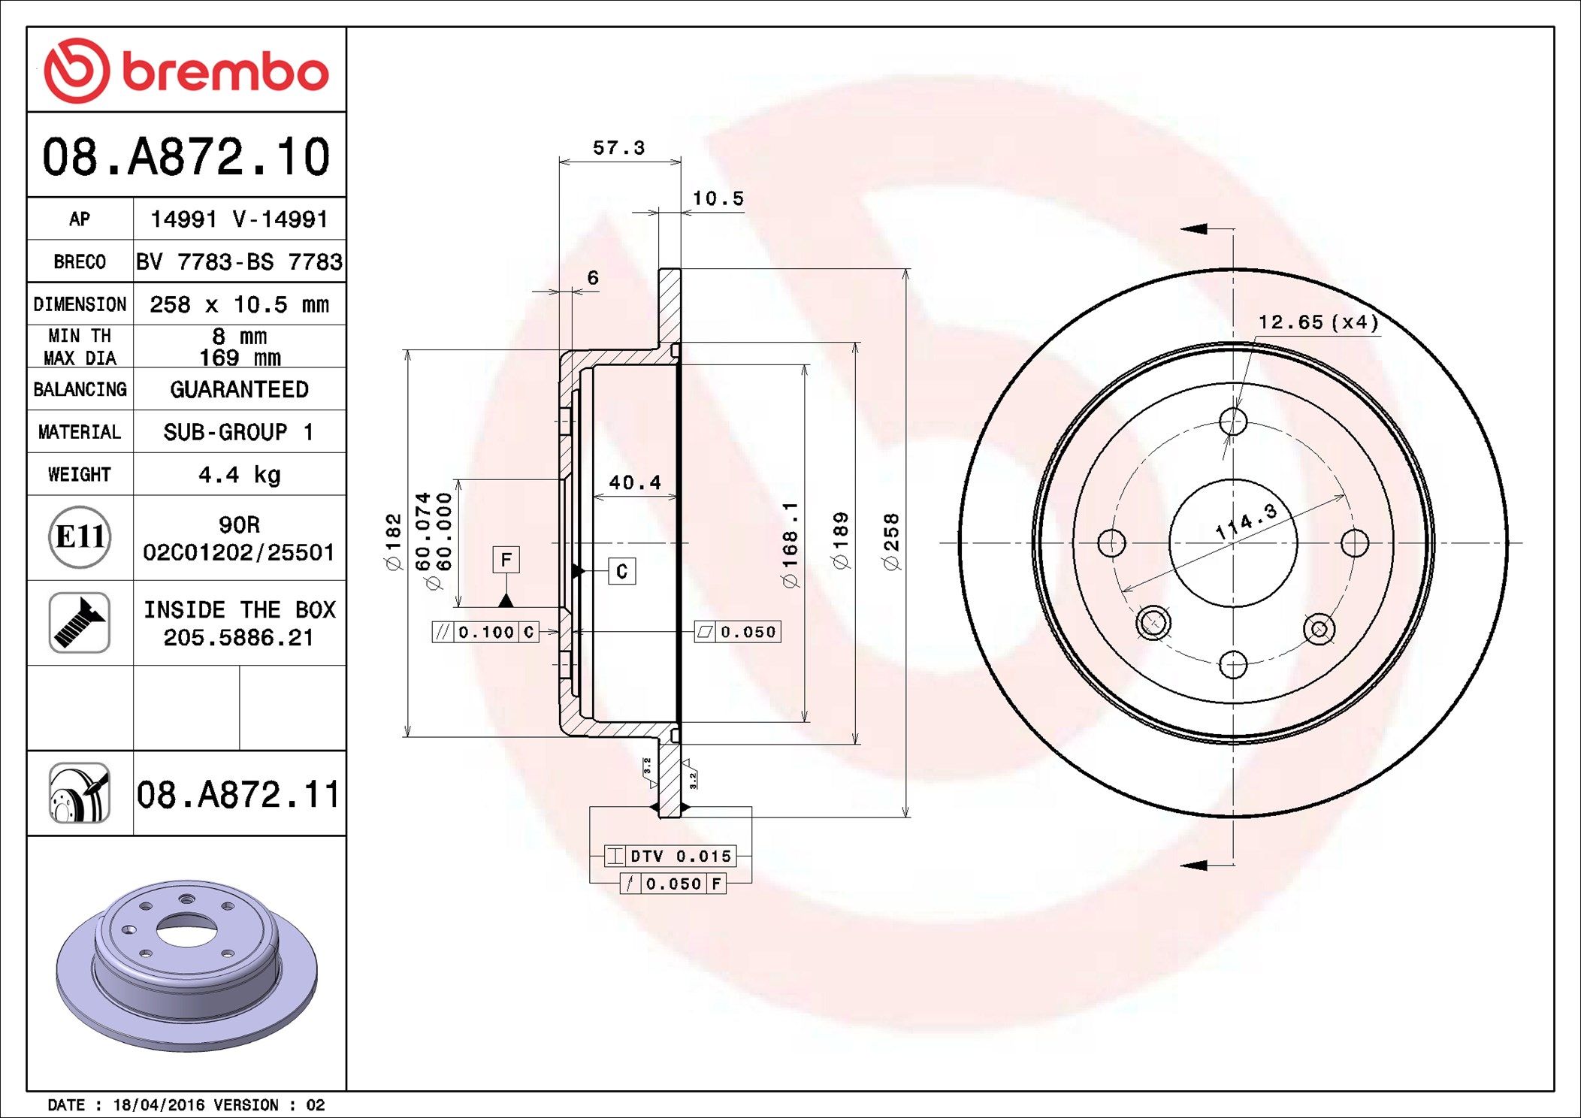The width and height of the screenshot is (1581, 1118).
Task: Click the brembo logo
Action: click(186, 71)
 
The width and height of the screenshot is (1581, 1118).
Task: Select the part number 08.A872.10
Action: click(186, 157)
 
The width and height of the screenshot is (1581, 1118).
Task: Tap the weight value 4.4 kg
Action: click(239, 475)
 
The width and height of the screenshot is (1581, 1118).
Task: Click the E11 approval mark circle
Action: click(80, 536)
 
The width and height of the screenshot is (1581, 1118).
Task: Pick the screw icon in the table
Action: click(80, 622)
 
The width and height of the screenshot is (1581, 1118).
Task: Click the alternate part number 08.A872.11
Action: click(238, 794)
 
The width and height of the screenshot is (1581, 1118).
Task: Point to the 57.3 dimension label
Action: click(619, 148)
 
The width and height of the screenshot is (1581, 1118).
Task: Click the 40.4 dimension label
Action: click(635, 482)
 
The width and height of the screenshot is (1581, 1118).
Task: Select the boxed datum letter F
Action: click(506, 560)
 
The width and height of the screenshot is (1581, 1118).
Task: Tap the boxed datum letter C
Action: click(621, 571)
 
